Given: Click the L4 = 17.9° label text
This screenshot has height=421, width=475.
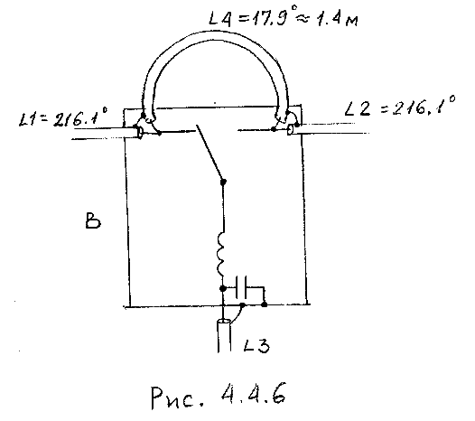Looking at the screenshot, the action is [251, 18].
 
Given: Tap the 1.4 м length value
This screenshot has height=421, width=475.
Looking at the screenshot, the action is [337, 20].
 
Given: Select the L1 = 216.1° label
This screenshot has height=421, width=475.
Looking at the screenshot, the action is [62, 117].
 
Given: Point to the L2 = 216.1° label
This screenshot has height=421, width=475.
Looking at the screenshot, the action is [400, 106].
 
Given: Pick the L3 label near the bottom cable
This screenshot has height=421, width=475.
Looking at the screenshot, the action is [256, 345].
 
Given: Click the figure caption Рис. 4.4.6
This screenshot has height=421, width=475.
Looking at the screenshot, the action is [219, 396].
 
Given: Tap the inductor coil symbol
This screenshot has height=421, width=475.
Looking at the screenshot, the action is [221, 254].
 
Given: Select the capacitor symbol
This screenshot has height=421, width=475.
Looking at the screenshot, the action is [241, 288].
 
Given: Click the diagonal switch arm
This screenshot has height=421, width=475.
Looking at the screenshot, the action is [210, 153].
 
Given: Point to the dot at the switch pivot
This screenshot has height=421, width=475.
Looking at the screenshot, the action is [223, 182].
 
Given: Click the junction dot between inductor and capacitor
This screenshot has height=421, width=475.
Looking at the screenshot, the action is [223, 288].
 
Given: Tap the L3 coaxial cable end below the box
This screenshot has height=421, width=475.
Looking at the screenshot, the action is [224, 336].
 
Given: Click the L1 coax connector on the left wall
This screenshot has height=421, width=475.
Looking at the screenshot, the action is [140, 133].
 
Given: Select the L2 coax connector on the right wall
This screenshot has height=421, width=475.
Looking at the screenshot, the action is [290, 130].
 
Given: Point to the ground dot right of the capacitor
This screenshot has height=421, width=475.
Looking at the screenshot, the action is [265, 304].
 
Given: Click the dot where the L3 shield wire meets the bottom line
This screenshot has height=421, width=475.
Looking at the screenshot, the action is [242, 305].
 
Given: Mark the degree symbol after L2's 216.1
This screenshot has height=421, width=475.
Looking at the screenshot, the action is [452, 98].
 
